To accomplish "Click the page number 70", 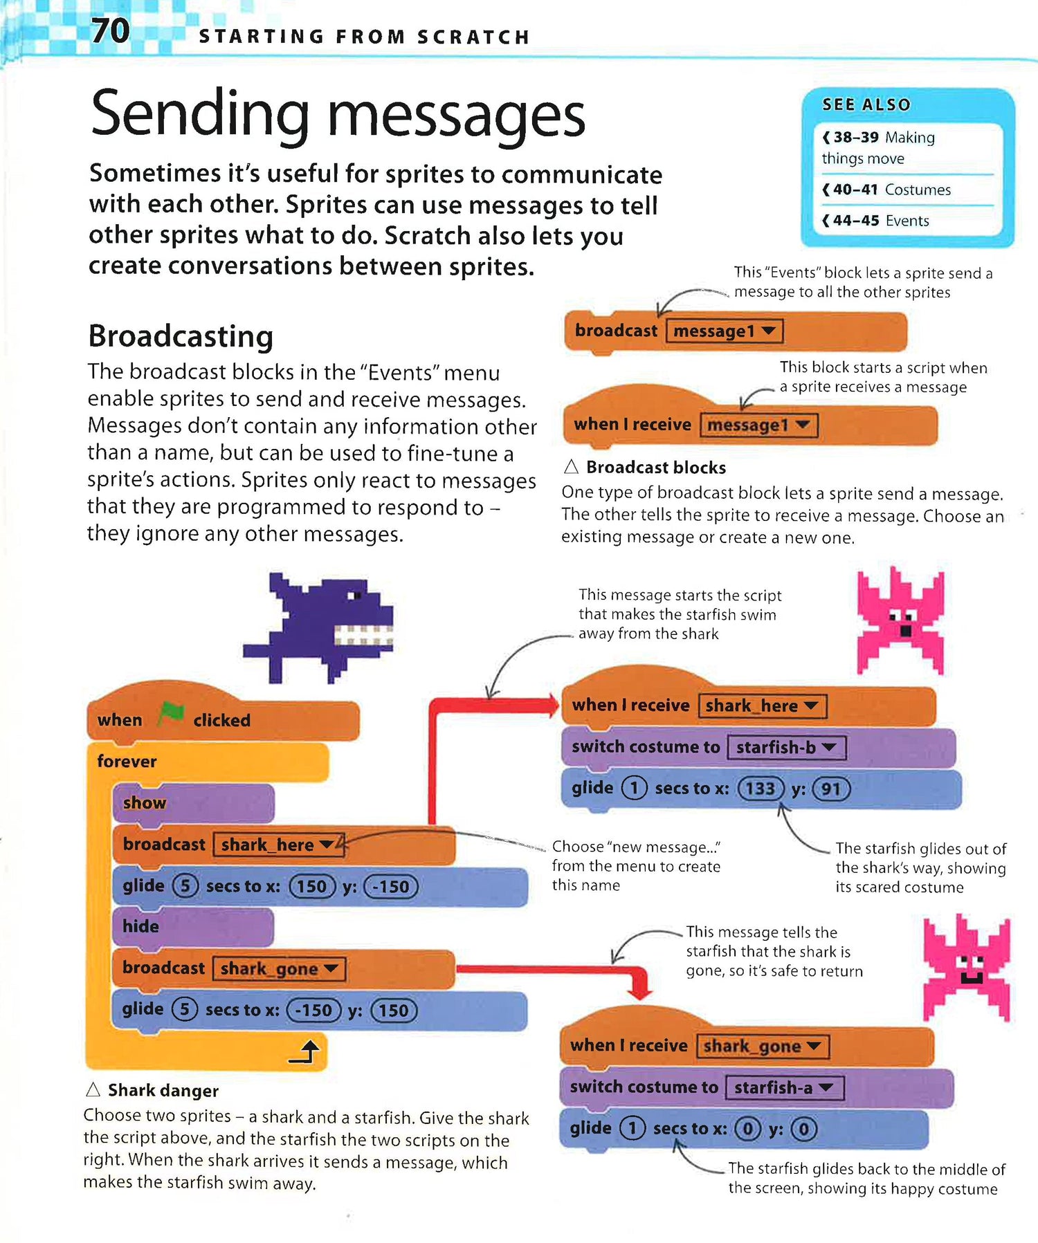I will coord(111,31).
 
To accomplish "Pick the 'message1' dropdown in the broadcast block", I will coord(724,331).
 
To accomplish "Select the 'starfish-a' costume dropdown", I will coord(784,1087).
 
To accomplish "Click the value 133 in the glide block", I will coord(760,789).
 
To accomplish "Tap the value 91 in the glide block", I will coord(830,789).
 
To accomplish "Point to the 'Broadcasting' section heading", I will coord(181,337).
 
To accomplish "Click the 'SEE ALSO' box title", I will coord(866,105).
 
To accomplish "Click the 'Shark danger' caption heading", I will coord(163,1091).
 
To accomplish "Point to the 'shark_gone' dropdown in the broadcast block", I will coord(279,968).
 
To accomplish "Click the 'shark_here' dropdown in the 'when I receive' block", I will coord(762,706).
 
